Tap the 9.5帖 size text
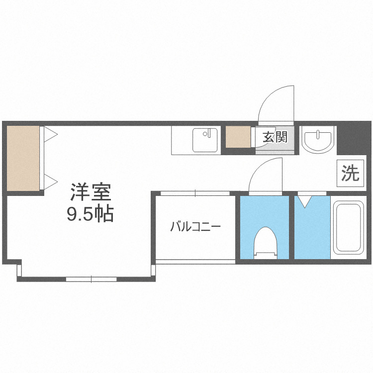click(x=91, y=214)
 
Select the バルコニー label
click(x=195, y=227)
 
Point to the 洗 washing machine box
click(x=351, y=174)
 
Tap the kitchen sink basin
click(x=205, y=140)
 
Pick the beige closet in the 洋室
click(x=23, y=158)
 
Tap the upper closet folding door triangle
click(x=50, y=134)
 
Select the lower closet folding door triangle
click(x=50, y=181)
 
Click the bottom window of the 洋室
click(x=92, y=279)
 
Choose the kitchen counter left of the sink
click(x=182, y=140)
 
